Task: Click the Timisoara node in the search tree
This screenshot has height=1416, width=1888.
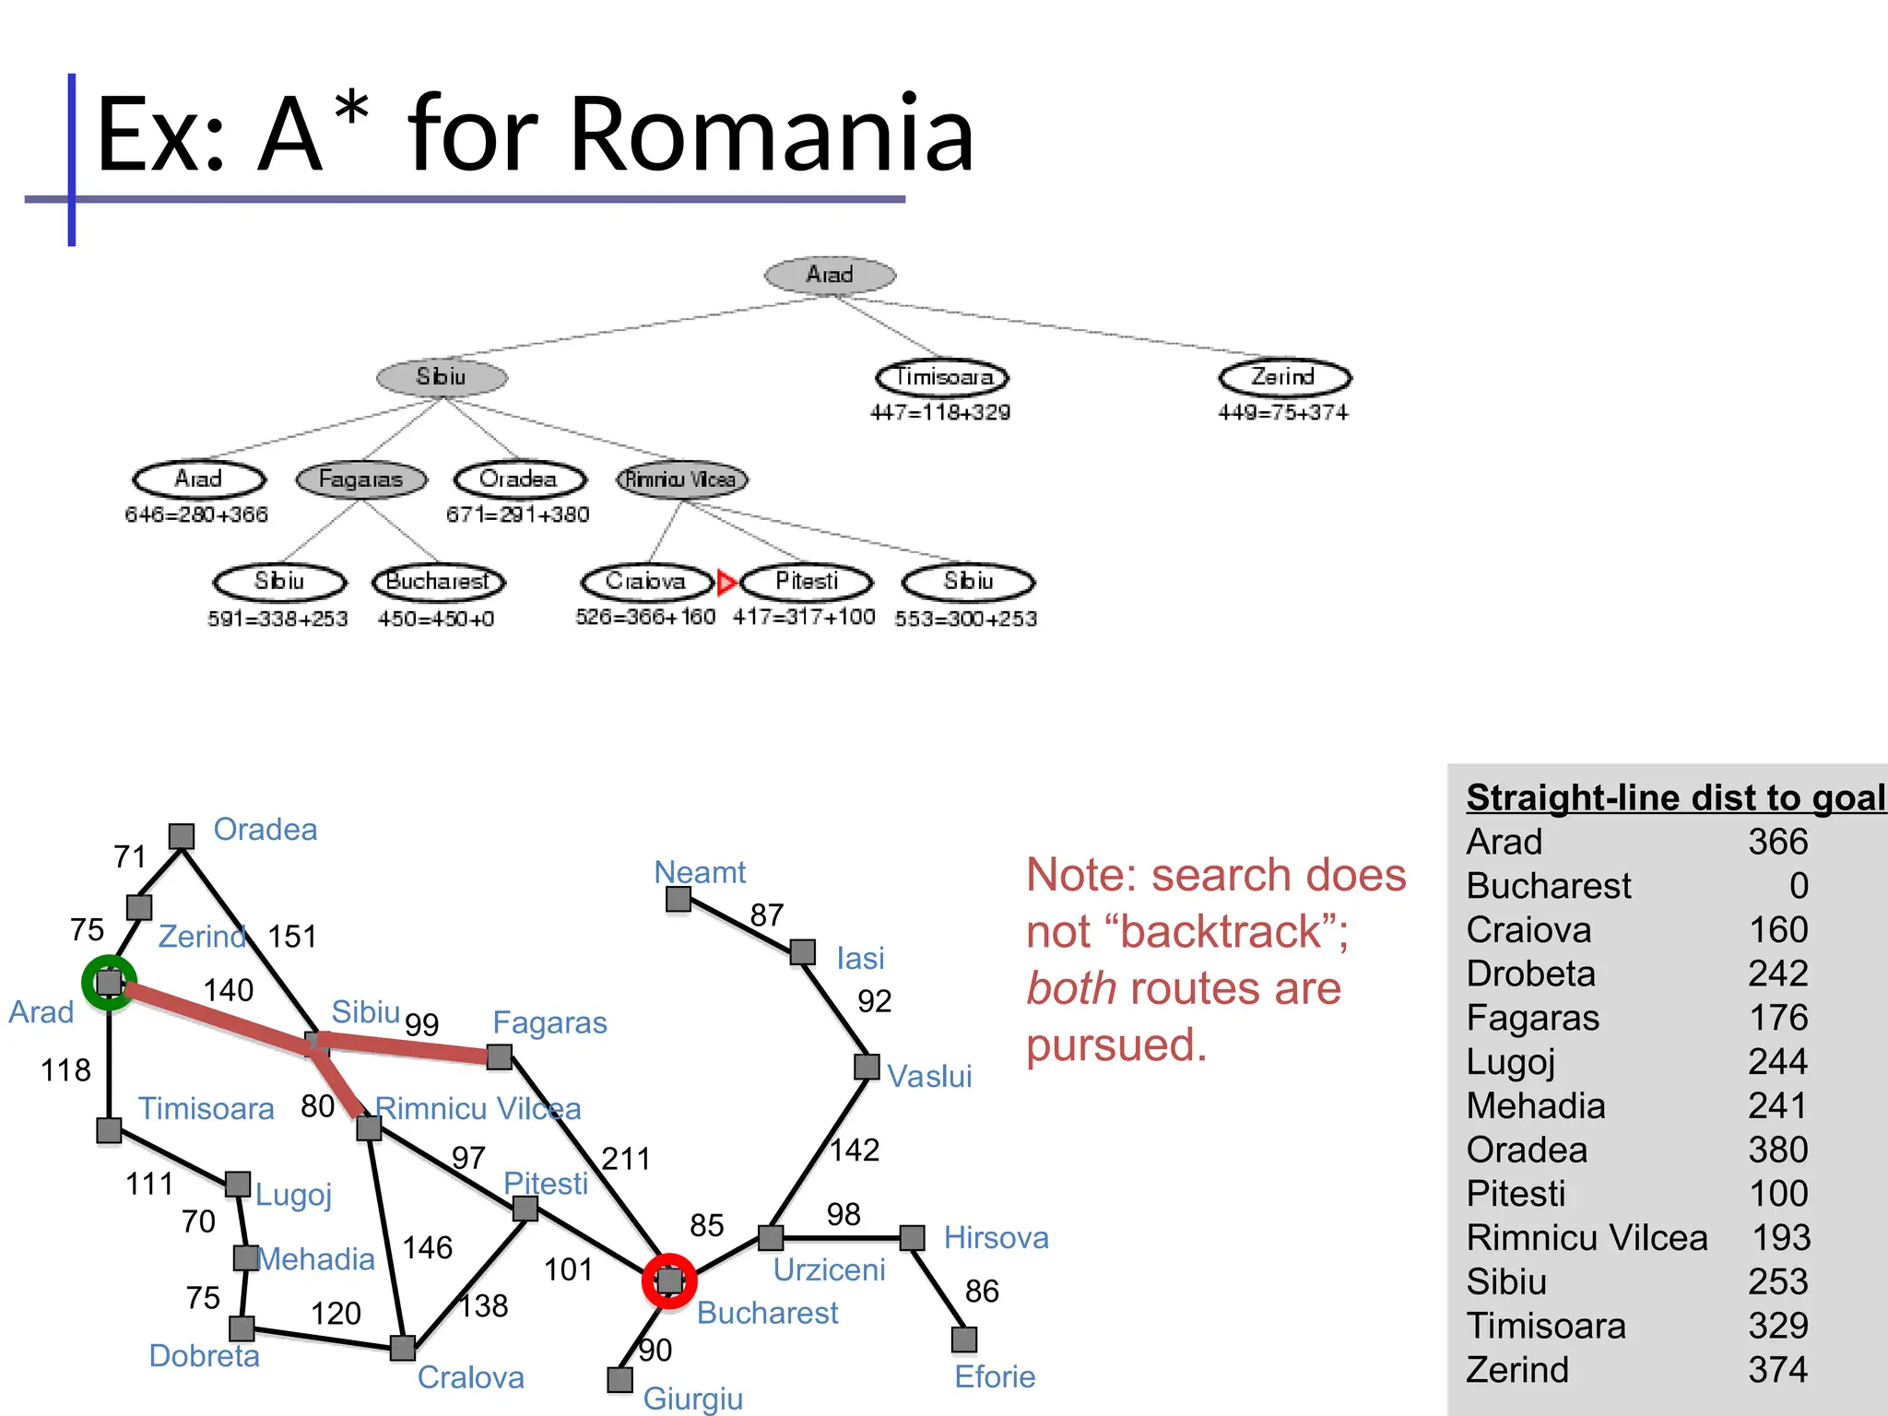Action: point(942,377)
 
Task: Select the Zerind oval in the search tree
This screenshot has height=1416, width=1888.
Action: point(1284,377)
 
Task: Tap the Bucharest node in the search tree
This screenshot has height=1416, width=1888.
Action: point(438,582)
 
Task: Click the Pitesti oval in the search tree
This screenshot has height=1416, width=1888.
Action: point(807,582)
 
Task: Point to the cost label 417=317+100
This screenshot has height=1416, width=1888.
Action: point(804,617)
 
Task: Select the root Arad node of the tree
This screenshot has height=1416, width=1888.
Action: point(830,275)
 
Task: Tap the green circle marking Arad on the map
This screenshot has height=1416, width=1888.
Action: point(109,983)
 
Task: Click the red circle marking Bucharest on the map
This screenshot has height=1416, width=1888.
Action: point(669,1280)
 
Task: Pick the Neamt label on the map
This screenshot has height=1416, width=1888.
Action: point(700,872)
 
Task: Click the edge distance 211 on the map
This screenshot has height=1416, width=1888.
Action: point(626,1159)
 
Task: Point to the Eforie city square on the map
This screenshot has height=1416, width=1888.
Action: point(964,1339)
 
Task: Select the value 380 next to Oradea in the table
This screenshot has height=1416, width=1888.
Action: point(1778,1150)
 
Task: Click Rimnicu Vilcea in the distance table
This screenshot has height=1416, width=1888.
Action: point(1587,1238)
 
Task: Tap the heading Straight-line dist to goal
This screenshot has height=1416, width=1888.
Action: point(1675,797)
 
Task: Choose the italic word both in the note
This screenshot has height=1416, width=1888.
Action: point(1071,989)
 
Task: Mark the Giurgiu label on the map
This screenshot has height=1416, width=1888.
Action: point(692,1398)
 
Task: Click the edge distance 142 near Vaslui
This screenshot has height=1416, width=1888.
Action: point(855,1150)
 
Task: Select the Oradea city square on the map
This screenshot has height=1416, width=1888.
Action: point(182,836)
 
